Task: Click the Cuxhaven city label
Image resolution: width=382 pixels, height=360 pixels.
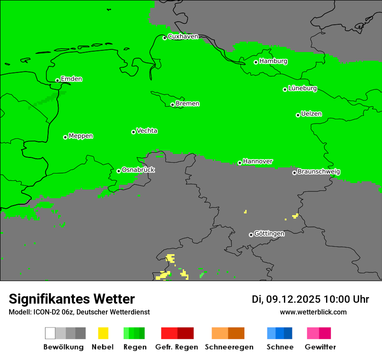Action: coord(183,36)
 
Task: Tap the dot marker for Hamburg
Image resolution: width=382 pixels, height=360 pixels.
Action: coord(256,62)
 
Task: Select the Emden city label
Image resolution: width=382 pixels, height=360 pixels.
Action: coord(71,79)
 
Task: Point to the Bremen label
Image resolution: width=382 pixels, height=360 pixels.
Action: coord(188,104)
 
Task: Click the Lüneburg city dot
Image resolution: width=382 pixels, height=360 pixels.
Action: coord(285,89)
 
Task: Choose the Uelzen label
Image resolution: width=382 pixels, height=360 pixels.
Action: coord(311,114)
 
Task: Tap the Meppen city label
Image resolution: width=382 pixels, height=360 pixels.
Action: coord(81,136)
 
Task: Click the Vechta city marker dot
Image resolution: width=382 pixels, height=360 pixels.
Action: coord(133,132)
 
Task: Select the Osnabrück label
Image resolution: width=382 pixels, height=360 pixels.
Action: coord(138,170)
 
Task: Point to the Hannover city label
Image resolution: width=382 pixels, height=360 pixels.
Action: coord(258,161)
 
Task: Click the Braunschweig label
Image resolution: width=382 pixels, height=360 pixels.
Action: coord(319,171)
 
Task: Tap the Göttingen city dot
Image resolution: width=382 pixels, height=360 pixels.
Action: coord(251,235)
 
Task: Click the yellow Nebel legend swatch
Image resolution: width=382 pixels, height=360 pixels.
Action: coord(103,333)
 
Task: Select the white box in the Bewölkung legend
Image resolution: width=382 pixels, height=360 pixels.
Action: coord(50,333)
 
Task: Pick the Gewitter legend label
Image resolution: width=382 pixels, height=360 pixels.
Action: coord(320,347)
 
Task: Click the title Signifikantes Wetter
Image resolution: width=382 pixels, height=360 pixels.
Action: coord(72,299)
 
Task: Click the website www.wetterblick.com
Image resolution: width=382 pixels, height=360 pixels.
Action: coord(313,312)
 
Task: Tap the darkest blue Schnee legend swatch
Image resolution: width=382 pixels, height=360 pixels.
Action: coord(288,333)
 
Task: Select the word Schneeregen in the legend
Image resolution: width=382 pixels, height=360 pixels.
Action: coord(229,347)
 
